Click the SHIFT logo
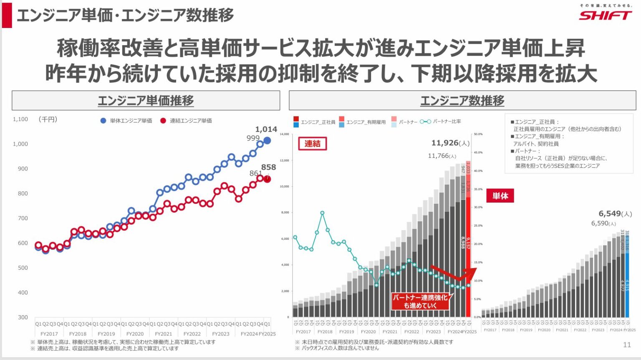pos(605,15)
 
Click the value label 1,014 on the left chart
pos(266,129)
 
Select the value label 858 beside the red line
pos(268,167)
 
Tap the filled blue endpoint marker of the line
pos(267,141)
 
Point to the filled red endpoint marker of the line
pos(267,179)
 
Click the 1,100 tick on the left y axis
pos(20,119)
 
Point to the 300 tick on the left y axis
pos(23,317)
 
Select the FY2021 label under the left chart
pos(163,334)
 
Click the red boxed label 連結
pos(312,144)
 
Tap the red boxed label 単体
pos(500,196)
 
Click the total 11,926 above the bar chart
pos(445,143)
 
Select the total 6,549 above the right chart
pos(610,213)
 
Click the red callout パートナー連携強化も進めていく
pos(420,301)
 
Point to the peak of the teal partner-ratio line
pos(322,213)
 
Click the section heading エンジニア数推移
pos(462,101)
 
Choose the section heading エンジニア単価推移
pos(146,101)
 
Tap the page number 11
pos(627,345)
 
